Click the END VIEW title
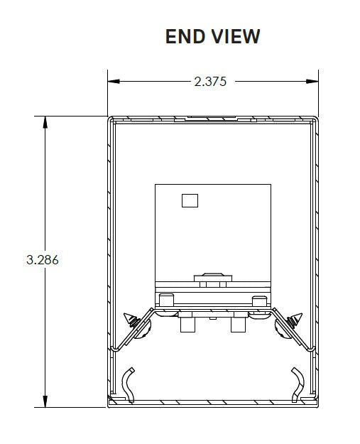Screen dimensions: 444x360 (212, 36)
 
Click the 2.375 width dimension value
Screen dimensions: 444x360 (210, 82)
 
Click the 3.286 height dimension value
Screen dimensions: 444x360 (42, 260)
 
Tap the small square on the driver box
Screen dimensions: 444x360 (190, 200)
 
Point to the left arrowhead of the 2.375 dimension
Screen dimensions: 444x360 (113, 82)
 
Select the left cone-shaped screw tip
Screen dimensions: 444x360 (129, 316)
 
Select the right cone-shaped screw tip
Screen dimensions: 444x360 (297, 316)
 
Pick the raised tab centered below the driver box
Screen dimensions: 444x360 (212, 277)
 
